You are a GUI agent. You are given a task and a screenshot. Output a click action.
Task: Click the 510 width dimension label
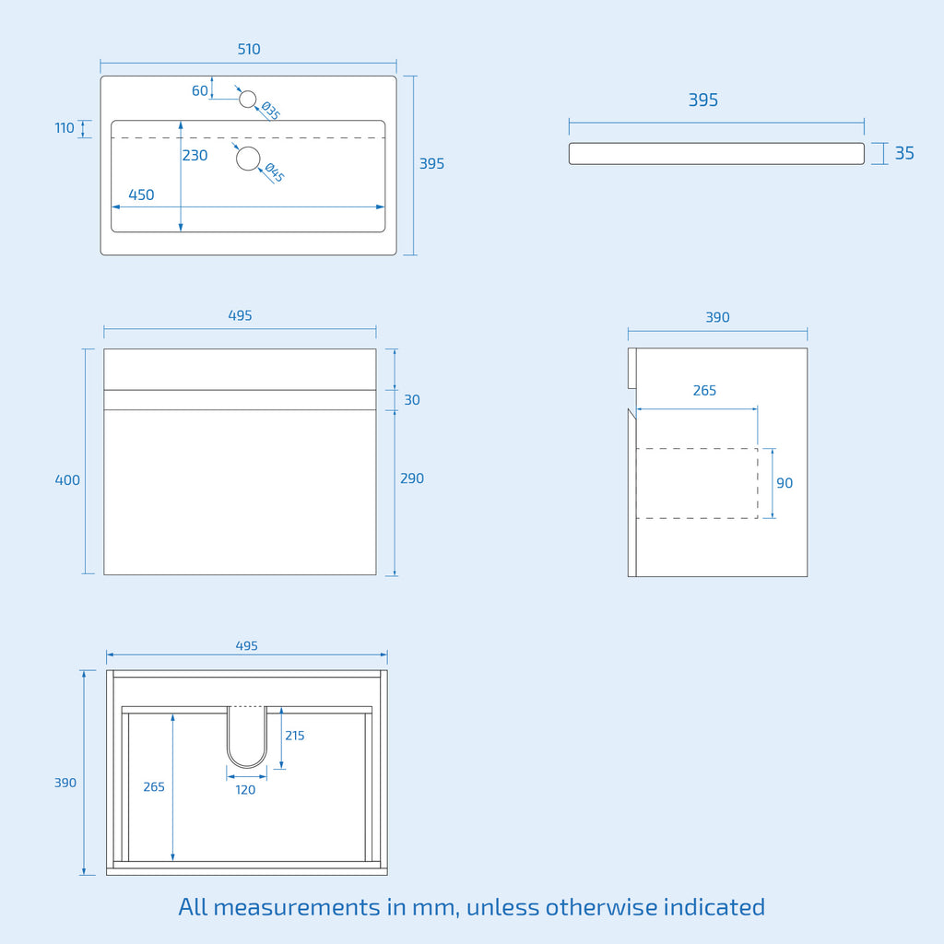pyautogui.click(x=249, y=49)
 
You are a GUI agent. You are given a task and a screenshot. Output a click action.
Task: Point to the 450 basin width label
pyautogui.click(x=141, y=195)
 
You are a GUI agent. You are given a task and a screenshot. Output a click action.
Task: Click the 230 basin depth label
pyautogui.click(x=195, y=155)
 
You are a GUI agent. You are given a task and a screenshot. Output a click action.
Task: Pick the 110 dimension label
pyautogui.click(x=65, y=127)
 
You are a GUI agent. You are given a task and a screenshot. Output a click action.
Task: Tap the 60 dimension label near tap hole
pyautogui.click(x=200, y=90)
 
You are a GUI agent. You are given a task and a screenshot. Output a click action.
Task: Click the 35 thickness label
pyautogui.click(x=904, y=153)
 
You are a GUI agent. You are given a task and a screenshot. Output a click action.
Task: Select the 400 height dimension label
pyautogui.click(x=67, y=479)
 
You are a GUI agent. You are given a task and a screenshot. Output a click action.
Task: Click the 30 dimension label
pyautogui.click(x=412, y=400)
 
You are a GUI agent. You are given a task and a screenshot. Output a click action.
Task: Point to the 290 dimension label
pyautogui.click(x=412, y=478)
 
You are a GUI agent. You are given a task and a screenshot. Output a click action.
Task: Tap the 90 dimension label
pyautogui.click(x=785, y=483)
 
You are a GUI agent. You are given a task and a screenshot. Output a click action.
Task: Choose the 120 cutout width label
pyautogui.click(x=245, y=790)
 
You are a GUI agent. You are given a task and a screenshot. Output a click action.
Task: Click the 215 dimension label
pyautogui.click(x=295, y=735)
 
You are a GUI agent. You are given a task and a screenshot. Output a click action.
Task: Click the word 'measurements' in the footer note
pyautogui.click(x=296, y=907)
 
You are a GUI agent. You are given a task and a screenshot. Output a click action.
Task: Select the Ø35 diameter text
pyautogui.click(x=270, y=111)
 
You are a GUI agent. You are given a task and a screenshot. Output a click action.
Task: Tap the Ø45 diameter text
pyautogui.click(x=274, y=172)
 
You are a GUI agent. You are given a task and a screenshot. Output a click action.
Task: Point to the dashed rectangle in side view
pyautogui.click(x=697, y=449)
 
